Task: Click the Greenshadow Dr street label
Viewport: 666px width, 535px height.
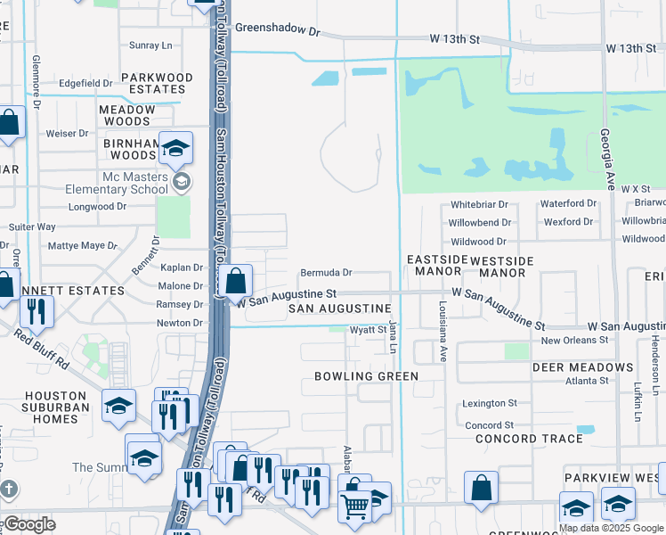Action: click(x=277, y=30)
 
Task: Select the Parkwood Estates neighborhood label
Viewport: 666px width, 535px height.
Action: click(x=158, y=84)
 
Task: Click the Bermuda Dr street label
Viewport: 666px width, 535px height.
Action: click(x=326, y=273)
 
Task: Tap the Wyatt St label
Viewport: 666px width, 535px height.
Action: click(x=367, y=330)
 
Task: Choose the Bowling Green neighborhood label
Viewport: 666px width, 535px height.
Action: click(x=366, y=376)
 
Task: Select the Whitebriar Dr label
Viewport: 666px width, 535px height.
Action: click(x=479, y=204)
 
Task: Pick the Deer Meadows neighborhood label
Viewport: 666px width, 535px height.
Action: click(x=582, y=367)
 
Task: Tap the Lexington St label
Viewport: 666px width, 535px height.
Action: click(x=489, y=404)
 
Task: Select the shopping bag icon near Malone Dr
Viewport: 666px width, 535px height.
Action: click(x=235, y=282)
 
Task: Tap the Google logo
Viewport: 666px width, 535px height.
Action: click(x=30, y=524)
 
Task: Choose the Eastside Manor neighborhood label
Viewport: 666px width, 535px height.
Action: click(x=436, y=265)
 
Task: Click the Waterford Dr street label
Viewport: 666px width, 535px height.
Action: click(x=567, y=204)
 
